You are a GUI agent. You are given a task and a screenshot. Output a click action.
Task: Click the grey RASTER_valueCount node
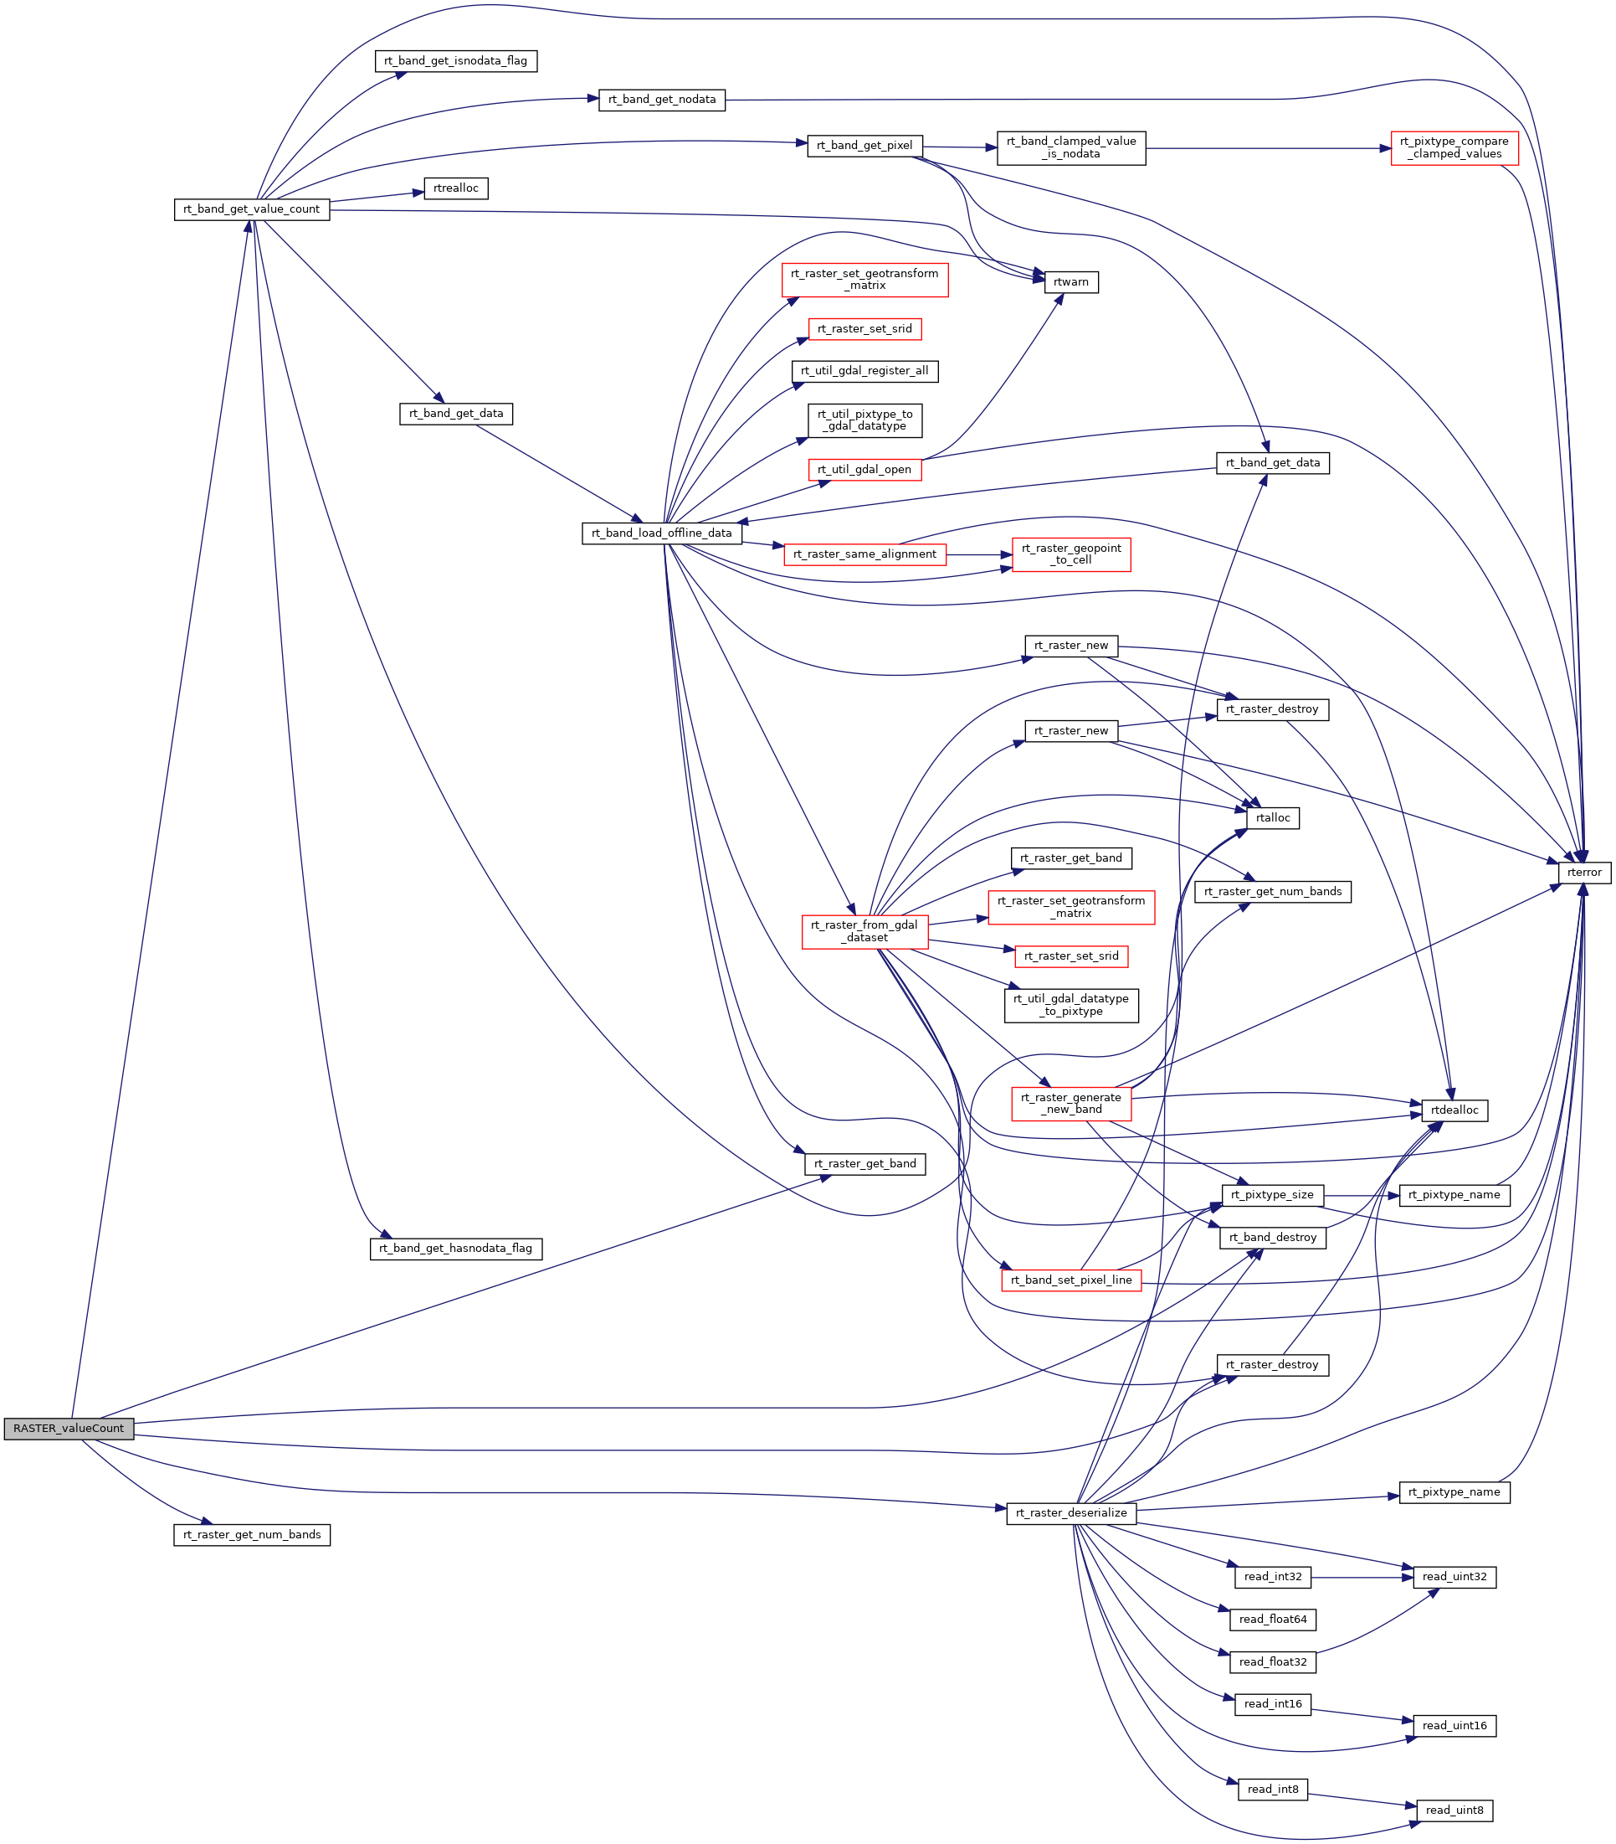(69, 1428)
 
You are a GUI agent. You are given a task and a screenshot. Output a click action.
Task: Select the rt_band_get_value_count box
(252, 209)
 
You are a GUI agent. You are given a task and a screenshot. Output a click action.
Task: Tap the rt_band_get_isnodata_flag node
(455, 61)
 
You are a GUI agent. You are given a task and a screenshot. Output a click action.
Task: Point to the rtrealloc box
(455, 188)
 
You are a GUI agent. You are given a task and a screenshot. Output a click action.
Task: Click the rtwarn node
(1070, 282)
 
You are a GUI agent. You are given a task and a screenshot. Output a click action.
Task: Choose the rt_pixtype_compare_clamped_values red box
(1454, 148)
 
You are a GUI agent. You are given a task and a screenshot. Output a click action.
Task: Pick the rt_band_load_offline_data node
(662, 533)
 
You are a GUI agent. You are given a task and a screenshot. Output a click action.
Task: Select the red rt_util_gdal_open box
(864, 469)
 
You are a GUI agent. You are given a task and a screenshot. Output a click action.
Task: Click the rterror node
(1583, 873)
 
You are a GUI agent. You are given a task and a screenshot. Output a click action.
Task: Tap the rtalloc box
(1272, 818)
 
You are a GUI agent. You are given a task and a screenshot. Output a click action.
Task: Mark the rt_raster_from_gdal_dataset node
(864, 931)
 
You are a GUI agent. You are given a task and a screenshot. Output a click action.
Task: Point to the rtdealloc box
(1454, 1110)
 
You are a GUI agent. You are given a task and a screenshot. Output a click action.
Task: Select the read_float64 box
(1272, 1620)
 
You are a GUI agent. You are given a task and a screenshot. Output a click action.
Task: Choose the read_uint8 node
(1454, 1810)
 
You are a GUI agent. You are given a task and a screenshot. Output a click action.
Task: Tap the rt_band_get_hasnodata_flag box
(455, 1249)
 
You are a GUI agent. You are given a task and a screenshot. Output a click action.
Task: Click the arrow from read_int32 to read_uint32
(1362, 1577)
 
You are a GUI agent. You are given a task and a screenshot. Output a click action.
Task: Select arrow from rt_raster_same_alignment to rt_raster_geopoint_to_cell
(978, 555)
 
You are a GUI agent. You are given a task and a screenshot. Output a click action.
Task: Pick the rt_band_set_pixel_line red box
(1070, 1280)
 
